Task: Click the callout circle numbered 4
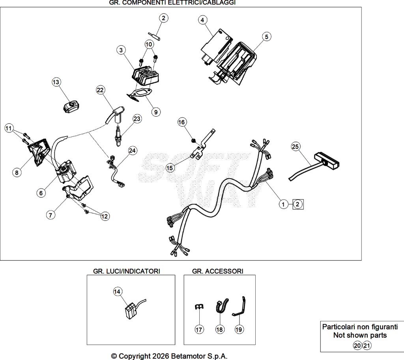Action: [202, 20]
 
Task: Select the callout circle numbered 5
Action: [267, 37]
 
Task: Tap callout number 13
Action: [56, 82]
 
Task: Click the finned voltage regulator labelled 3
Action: [145, 74]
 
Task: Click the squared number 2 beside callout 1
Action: [298, 204]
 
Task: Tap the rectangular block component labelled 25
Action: [326, 161]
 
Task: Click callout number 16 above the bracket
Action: [182, 122]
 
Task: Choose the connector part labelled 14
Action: [131, 312]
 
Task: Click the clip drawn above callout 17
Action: [198, 306]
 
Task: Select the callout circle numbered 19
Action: [239, 329]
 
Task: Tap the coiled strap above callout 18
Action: [222, 306]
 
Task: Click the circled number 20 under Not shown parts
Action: [357, 345]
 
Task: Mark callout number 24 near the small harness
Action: [132, 151]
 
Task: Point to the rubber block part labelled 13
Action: [71, 106]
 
